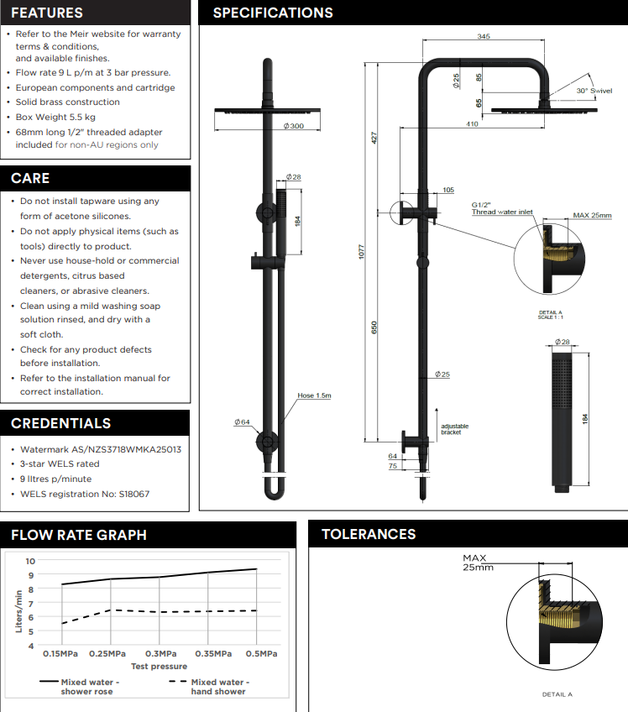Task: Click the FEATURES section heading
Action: point(47,13)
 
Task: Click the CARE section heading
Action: point(30,178)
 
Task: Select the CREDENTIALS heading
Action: point(60,423)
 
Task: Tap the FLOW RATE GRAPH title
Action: point(79,535)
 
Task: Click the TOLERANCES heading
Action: point(369,534)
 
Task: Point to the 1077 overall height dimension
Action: point(362,252)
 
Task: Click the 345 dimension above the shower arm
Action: point(484,37)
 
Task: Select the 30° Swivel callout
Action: point(594,90)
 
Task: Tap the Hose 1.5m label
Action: point(313,395)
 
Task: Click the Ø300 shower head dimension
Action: point(293,125)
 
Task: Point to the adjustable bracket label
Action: point(455,429)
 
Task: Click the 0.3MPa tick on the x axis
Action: point(160,654)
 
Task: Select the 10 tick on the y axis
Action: point(30,561)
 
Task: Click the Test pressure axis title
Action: point(159,666)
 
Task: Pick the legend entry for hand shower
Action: point(218,687)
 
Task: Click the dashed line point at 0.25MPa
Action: point(112,610)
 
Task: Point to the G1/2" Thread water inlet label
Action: point(501,208)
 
